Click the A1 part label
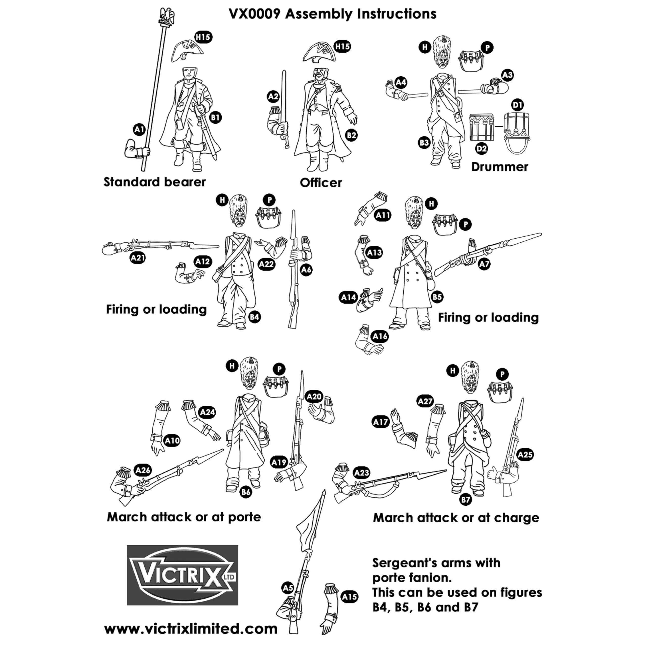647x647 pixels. (x=139, y=130)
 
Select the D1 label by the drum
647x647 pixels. (x=517, y=105)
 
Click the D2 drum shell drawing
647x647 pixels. (x=481, y=128)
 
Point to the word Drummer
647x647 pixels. (x=499, y=167)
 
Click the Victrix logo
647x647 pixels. (x=182, y=575)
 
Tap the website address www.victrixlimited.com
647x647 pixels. (x=191, y=629)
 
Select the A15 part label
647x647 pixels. (x=349, y=597)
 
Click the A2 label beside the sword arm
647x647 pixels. (x=273, y=97)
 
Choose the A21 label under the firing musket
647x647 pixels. (x=138, y=258)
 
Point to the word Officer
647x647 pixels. (x=320, y=183)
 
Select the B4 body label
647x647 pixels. (x=255, y=317)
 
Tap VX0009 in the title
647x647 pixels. (x=254, y=14)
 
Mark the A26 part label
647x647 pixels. (x=143, y=470)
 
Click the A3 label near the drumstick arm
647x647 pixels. (x=507, y=75)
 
